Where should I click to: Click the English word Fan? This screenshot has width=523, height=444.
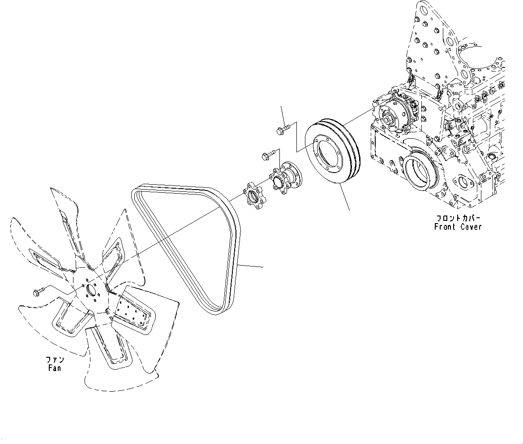[x=54, y=368]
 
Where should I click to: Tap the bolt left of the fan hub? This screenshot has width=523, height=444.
[x=38, y=292]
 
